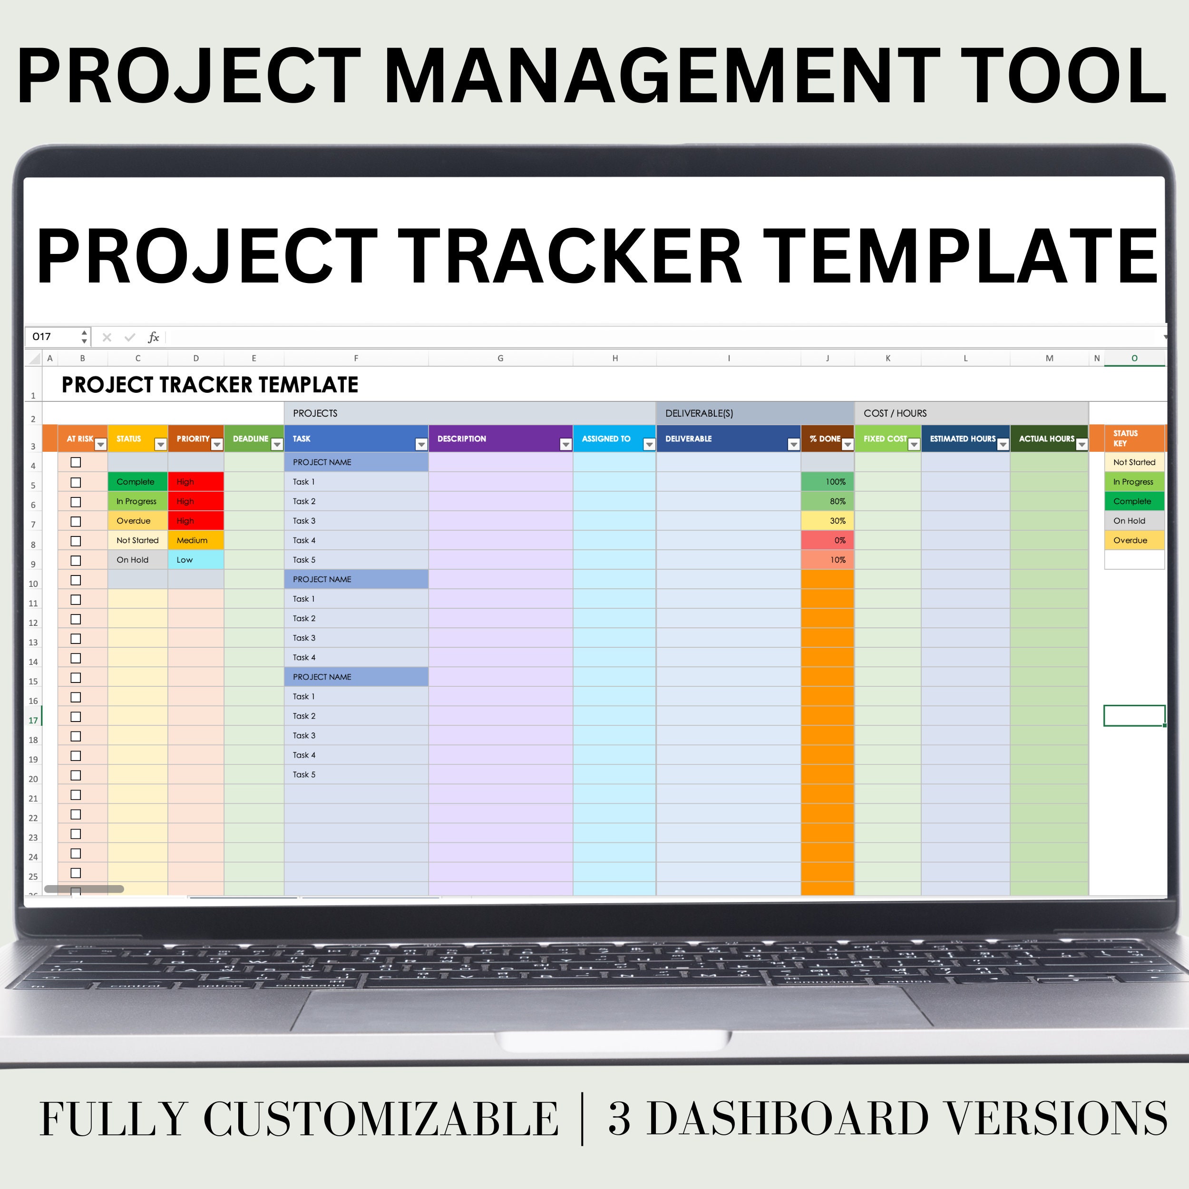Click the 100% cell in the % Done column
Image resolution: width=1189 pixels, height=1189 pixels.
pos(827,482)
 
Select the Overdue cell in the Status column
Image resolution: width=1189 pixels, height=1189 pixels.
pos(137,521)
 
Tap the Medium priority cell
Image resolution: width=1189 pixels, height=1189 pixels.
pos(195,540)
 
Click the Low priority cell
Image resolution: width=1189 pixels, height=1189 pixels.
pos(195,560)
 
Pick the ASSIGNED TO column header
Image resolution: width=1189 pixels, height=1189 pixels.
pos(606,439)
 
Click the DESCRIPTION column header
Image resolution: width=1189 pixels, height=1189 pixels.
pos(461,439)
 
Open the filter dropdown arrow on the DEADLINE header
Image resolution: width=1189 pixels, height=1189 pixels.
pos(277,444)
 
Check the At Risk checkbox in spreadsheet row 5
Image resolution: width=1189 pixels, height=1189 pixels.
pos(76,482)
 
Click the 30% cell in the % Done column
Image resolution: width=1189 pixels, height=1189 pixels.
pos(827,521)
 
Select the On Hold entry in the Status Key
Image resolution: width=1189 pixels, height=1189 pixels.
pos(1134,521)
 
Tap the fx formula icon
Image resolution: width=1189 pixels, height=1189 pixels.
pos(153,337)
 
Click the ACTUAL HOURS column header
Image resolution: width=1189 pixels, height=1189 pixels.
pos(1046,439)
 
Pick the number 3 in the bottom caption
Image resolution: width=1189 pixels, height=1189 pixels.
pos(619,1118)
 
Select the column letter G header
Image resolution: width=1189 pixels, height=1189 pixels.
pos(500,358)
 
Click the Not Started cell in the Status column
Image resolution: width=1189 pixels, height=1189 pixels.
pos(137,540)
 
